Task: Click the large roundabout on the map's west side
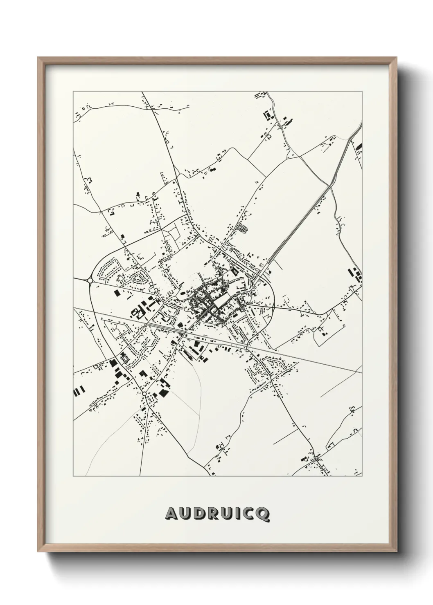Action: pos(90,280)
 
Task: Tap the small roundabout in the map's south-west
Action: pos(144,394)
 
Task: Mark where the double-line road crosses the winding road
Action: pos(330,186)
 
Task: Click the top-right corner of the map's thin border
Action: pos(362,91)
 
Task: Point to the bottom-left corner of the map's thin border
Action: pos(73,477)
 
